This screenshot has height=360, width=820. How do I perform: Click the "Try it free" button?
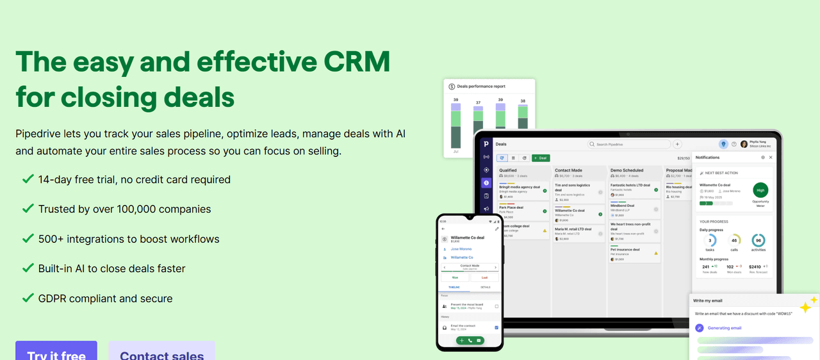56,352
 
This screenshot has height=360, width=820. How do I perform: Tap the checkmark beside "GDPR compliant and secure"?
28,298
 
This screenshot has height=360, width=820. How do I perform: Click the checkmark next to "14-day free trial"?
28,179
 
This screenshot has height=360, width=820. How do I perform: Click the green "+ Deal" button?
541,158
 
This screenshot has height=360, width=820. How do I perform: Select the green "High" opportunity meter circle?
760,190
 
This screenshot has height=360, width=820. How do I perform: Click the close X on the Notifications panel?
771,158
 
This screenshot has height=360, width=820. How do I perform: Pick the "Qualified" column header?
509,170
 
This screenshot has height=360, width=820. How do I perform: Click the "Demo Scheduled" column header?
627,170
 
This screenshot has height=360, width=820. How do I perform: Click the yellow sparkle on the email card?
807,305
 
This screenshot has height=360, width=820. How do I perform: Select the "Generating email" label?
724,328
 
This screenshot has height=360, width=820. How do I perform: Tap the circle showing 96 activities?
758,241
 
